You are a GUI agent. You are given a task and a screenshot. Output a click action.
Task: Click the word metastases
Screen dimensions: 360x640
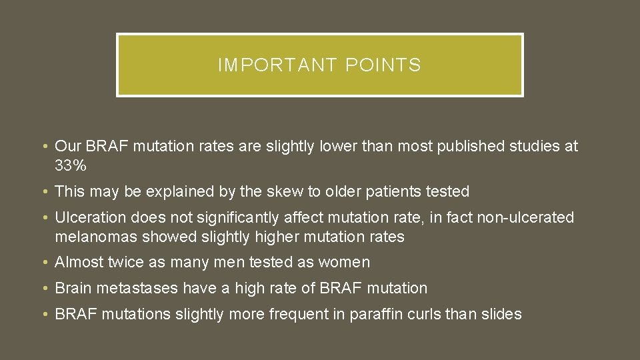137,289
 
